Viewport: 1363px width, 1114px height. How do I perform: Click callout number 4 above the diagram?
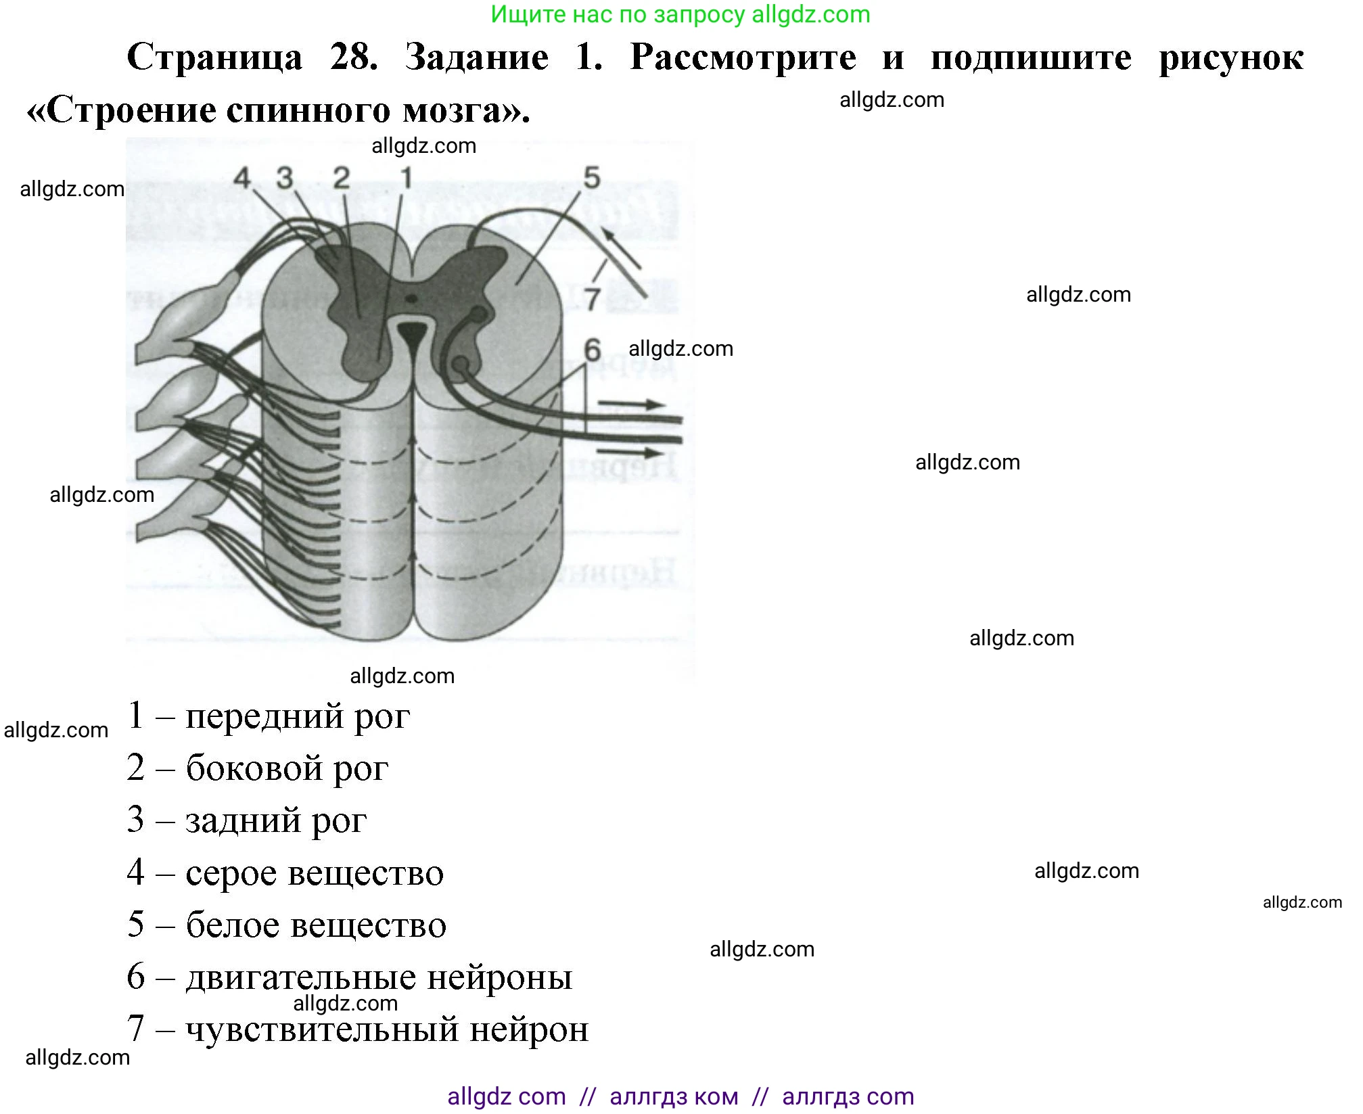point(242,179)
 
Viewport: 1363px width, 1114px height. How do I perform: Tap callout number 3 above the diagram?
point(285,179)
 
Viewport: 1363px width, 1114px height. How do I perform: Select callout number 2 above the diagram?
point(342,179)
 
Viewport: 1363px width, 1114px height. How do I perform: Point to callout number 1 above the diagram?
point(406,179)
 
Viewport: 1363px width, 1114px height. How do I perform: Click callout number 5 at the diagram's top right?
point(592,178)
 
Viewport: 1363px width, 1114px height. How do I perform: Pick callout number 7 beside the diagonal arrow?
point(593,298)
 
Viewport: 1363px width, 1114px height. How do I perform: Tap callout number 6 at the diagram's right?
point(593,350)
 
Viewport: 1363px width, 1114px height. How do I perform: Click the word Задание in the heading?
point(476,57)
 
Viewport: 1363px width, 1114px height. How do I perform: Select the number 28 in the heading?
point(353,57)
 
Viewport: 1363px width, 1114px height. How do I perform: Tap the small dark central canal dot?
point(411,297)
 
